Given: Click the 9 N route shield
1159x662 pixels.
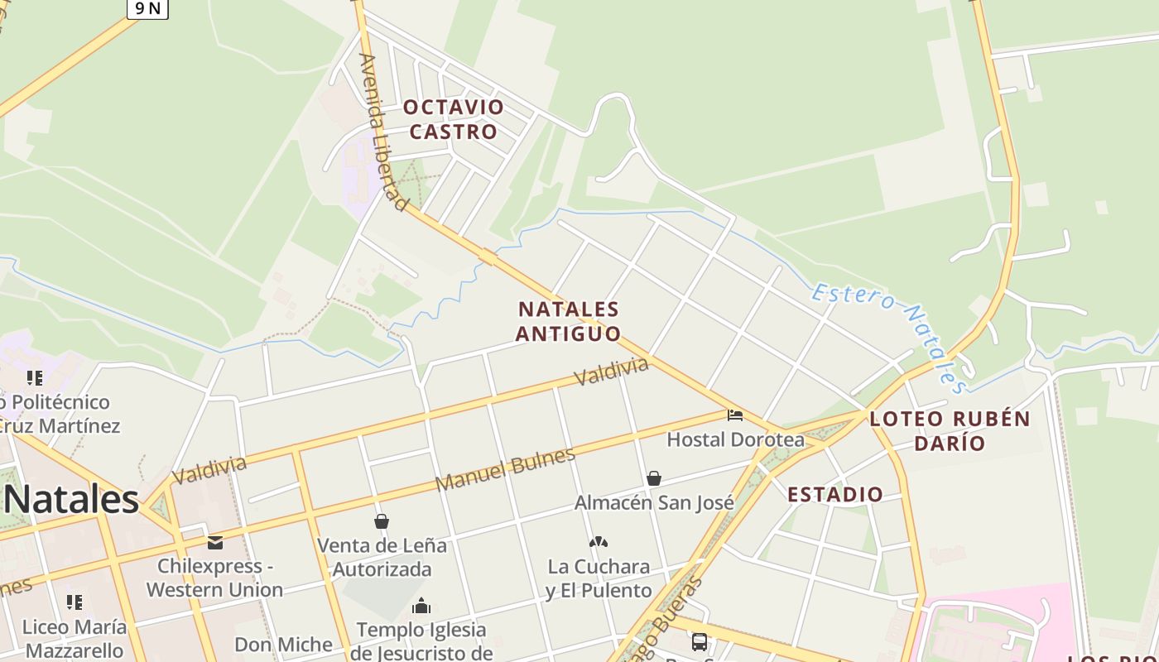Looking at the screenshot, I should click(147, 8).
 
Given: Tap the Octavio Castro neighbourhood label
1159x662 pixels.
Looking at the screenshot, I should click(454, 119).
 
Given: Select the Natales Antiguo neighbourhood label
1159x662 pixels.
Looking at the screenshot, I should click(568, 321).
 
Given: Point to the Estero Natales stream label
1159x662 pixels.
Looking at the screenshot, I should click(891, 336).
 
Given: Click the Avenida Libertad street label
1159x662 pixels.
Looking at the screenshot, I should click(384, 132).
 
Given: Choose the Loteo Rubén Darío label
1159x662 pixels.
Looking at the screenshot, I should click(950, 430).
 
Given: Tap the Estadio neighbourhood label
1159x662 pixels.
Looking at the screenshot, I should click(834, 495).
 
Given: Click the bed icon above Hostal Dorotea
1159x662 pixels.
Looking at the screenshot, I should click(734, 415).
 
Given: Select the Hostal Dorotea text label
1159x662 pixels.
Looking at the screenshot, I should click(735, 439).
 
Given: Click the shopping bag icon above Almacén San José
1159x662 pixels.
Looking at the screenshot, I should click(654, 478).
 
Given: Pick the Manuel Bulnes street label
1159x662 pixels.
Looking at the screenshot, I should click(505, 469).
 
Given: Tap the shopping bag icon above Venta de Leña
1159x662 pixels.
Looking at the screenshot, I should click(382, 521).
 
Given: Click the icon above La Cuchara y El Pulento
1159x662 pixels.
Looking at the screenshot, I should click(599, 542).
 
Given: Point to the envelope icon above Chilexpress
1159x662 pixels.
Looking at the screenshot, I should click(215, 543).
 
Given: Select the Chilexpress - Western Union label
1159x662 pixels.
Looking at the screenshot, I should click(215, 578).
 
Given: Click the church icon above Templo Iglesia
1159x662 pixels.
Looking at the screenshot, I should click(421, 607).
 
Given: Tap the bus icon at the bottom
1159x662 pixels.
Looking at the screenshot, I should click(700, 641).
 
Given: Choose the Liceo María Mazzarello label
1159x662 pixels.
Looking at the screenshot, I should click(75, 638).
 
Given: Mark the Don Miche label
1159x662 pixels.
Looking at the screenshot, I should click(283, 645).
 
